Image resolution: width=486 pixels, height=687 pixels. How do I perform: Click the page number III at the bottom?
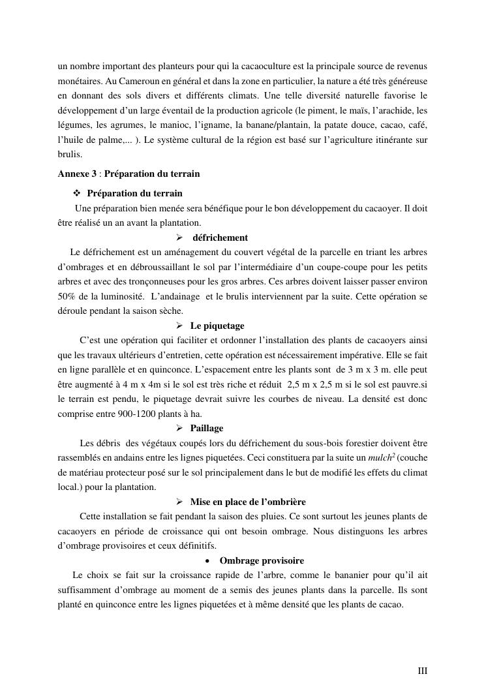422,670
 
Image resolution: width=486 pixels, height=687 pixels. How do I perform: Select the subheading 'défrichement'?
220,237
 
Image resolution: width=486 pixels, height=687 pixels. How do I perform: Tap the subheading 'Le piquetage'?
217,326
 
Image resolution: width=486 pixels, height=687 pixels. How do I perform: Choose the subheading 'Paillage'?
206,428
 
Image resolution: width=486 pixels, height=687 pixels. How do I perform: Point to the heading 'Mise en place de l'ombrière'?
248,502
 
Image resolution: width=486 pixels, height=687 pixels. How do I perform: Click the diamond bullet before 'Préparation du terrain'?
77,194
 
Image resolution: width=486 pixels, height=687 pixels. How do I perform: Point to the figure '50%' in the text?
66,296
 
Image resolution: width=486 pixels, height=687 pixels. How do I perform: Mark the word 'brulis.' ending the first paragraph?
70,155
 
